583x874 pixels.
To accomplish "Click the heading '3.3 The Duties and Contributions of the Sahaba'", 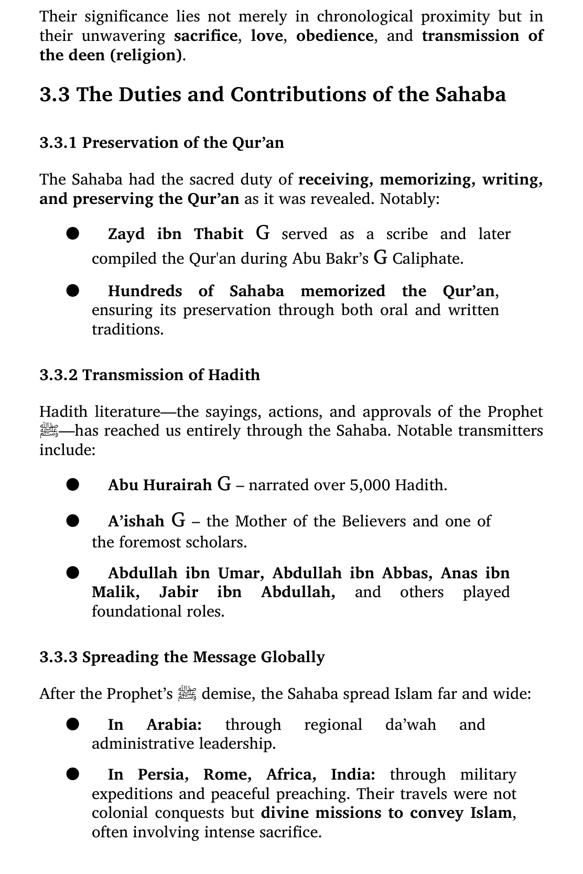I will coord(273,95).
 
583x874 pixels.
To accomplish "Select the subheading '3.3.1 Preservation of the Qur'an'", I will coord(161,143).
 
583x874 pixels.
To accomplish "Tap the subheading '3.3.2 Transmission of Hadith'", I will coord(149,375).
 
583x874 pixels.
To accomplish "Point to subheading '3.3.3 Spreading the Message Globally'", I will coord(182,657).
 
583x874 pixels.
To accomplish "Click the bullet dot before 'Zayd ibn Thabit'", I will coord(72,233).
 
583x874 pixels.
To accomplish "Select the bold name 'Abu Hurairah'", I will coord(160,485).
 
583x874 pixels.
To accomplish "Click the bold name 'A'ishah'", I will coord(136,521).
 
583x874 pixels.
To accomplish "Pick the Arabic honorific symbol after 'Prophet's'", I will coord(187,693).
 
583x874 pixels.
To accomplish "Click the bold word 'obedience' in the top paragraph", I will coord(334,36).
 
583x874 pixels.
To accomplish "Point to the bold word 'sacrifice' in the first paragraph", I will coord(206,36).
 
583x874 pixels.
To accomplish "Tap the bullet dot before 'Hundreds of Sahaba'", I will coord(72,290).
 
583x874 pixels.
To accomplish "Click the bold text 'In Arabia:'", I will coord(155,725).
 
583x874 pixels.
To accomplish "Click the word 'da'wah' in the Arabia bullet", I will coord(411,725).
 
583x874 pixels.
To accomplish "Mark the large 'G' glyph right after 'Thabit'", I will coord(263,233).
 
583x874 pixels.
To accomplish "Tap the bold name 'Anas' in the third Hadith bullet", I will coord(459,573).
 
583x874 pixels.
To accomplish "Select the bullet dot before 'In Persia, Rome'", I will coord(72,774).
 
